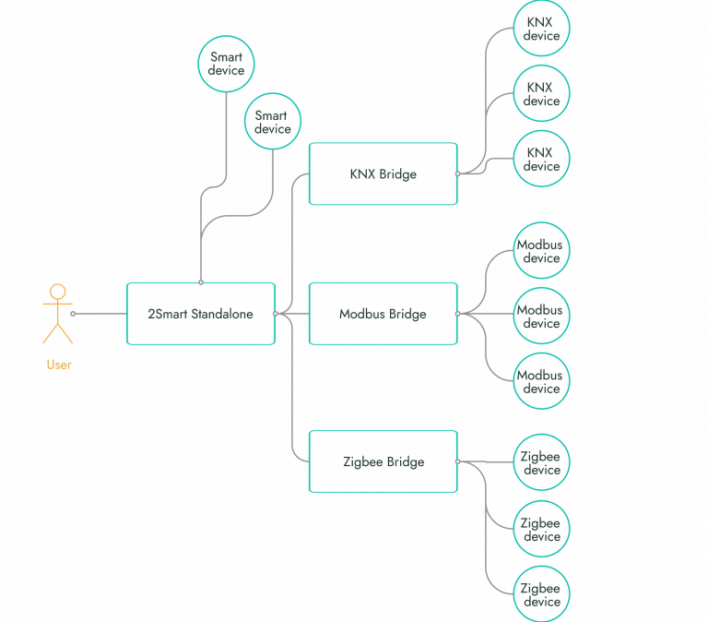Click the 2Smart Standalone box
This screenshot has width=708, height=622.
coord(200,314)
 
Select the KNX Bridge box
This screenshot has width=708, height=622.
coord(383,173)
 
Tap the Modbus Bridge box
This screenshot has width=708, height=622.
coord(383,314)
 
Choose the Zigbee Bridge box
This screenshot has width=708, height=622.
coord(383,461)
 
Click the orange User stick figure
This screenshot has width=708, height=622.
coord(58,314)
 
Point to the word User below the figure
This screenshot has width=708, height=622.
coord(59,365)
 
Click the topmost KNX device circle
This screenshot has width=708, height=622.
coord(541,29)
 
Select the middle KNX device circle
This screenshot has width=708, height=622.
coord(541,94)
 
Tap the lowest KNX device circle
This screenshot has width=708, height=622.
coord(541,159)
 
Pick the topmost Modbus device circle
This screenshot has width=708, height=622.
coord(541,251)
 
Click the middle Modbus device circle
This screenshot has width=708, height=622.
coord(541,317)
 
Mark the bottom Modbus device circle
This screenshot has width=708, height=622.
coord(541,381)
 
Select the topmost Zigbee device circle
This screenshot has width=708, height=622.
coord(541,463)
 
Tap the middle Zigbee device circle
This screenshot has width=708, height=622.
coord(541,529)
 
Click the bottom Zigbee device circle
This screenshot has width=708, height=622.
coord(541,594)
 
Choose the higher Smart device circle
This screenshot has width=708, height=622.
coord(226,64)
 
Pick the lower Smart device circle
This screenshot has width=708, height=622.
coord(272,123)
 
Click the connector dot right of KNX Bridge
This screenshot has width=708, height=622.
coord(457,173)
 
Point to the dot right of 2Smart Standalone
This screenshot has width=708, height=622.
coord(275,314)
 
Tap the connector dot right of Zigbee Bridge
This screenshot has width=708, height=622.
coord(457,461)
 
